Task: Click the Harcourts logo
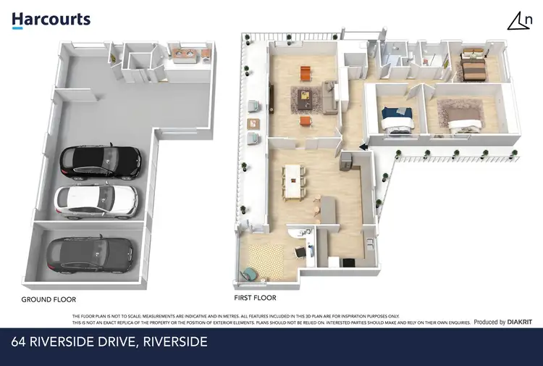click(x=51, y=20)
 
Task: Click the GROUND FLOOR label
click(x=49, y=299)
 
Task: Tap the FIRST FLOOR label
click(x=255, y=298)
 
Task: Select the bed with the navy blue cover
click(x=397, y=119)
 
